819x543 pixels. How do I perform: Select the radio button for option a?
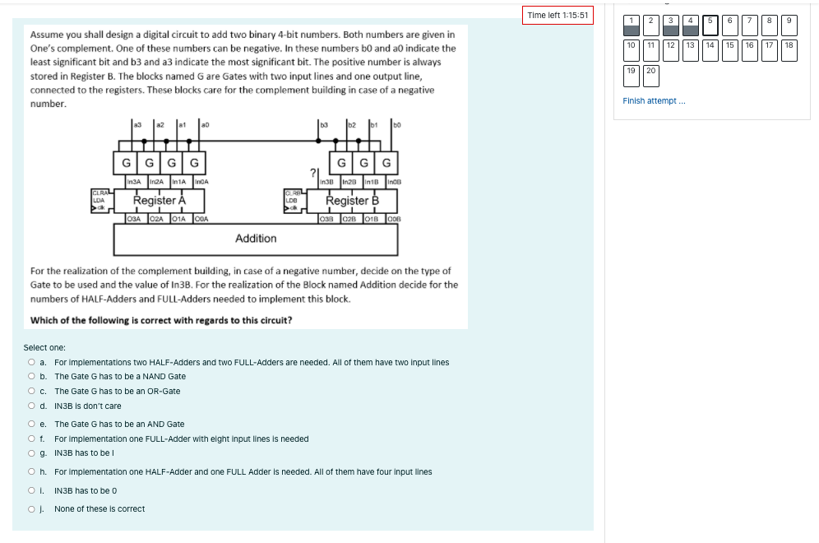31,362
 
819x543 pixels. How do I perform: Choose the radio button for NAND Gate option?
31,376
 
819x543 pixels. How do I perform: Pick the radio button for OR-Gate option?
31,391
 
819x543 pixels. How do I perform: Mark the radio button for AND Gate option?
31,424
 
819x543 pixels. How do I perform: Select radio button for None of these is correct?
31,508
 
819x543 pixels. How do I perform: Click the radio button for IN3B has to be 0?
31,490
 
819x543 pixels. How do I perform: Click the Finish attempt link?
654,100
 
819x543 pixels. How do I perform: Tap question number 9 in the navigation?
789,25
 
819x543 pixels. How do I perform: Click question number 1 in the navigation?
631,25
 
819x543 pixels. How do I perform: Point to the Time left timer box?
558,16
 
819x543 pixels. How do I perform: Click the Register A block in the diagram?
160,200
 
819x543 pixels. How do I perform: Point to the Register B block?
352,200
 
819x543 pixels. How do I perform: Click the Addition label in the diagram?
256,238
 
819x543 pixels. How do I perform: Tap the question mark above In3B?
313,173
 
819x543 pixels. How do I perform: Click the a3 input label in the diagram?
139,124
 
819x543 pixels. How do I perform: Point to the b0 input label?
397,124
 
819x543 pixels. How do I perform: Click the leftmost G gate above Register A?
126,163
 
